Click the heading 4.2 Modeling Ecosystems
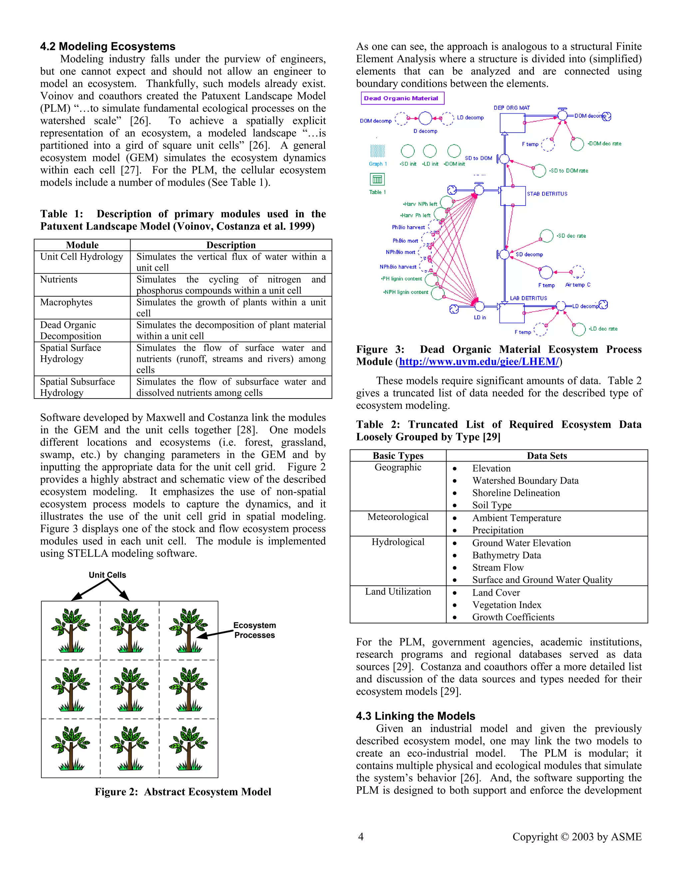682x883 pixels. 108,47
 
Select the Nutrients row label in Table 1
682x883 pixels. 59,279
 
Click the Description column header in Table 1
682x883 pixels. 231,245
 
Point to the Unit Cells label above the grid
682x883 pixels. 108,575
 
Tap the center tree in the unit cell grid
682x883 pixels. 130,689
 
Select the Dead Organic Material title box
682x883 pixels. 402,98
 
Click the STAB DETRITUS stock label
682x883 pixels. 547,194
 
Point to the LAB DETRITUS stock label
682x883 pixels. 528,298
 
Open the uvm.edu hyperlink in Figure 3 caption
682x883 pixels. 479,362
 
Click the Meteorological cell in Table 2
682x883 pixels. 398,517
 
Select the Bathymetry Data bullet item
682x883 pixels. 506,555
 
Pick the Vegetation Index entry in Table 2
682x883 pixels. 507,605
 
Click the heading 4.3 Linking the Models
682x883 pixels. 415,716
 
